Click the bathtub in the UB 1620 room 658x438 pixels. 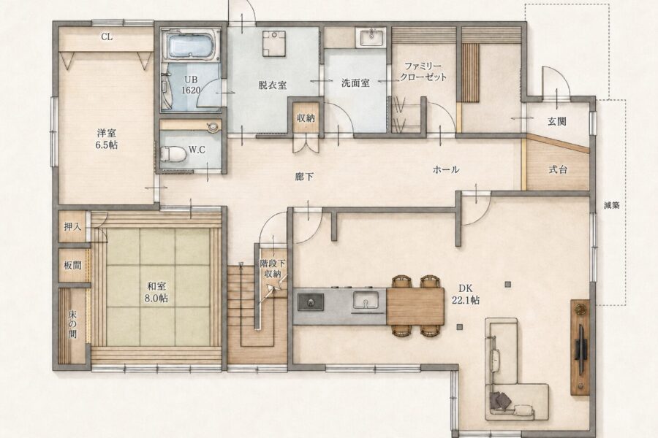click(x=191, y=45)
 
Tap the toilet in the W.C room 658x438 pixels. click(x=173, y=154)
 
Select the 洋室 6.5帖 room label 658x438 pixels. click(x=107, y=139)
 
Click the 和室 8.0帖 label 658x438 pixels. click(x=156, y=292)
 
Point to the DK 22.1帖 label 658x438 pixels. click(x=466, y=294)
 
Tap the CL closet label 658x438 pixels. click(x=107, y=37)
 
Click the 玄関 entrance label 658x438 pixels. click(x=557, y=121)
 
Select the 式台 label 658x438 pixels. click(x=558, y=169)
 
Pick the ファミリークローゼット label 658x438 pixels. click(x=423, y=72)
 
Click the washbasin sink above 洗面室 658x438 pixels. click(x=371, y=38)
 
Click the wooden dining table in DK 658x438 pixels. click(x=415, y=306)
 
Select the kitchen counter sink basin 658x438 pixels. click(x=366, y=300)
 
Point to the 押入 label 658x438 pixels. click(x=72, y=227)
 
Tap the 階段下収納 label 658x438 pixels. click(x=273, y=269)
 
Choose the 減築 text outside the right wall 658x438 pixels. click(x=611, y=205)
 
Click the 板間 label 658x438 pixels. click(x=72, y=265)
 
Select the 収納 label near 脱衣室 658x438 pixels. click(x=306, y=118)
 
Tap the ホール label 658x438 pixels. click(x=446, y=170)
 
